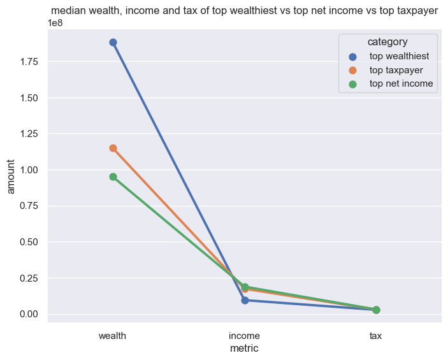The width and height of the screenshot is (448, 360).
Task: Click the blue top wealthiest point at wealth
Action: (113, 43)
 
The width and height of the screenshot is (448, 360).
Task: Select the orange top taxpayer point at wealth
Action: (113, 148)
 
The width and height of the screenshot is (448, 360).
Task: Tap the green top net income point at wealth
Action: (113, 176)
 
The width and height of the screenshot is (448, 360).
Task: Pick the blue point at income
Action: (245, 300)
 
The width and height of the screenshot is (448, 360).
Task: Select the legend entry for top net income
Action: (401, 83)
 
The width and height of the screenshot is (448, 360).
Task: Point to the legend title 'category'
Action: (387, 42)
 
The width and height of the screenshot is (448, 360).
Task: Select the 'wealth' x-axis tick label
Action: (113, 335)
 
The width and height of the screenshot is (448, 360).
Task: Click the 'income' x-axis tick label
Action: (244, 335)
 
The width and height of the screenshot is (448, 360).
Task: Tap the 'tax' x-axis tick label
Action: (376, 335)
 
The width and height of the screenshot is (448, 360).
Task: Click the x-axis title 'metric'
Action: (244, 349)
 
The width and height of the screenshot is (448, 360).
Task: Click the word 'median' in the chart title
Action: (68, 11)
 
